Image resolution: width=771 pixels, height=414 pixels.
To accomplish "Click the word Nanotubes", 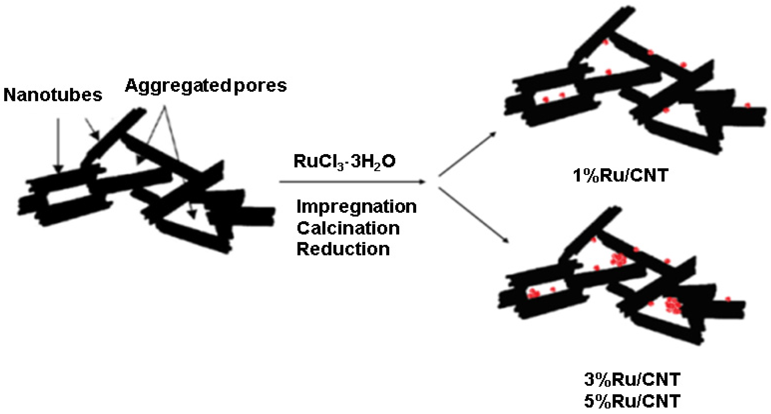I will click(x=53, y=95).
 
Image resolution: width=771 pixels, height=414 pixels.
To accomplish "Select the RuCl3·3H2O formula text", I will click(x=344, y=162).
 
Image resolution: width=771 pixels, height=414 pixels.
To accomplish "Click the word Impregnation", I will click(x=356, y=207).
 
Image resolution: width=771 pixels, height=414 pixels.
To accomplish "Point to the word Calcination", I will click(x=348, y=228).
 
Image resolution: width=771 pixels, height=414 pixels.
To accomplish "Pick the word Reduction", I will click(x=343, y=249).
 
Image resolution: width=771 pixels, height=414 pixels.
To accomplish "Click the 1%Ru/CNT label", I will click(x=620, y=175).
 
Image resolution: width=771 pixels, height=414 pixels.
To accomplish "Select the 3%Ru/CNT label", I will click(x=632, y=380).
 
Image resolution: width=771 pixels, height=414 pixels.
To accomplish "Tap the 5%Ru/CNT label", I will click(x=632, y=401).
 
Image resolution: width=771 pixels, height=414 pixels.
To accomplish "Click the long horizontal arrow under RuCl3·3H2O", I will click(x=352, y=182).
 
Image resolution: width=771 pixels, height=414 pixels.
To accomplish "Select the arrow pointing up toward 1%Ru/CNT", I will click(x=467, y=154).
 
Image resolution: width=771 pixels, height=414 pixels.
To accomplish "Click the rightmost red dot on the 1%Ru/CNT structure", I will click(x=748, y=105).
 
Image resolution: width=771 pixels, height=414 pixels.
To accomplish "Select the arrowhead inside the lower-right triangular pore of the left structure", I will click(x=192, y=215).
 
